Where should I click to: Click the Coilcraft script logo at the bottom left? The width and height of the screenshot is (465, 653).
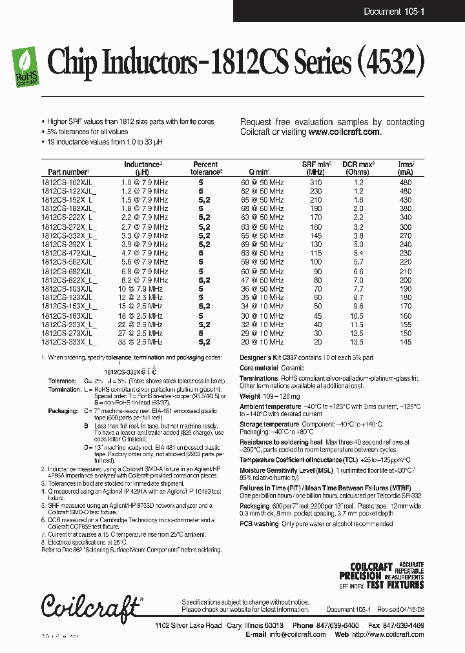point(90,607)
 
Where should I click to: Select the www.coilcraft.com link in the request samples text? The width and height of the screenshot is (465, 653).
point(344,132)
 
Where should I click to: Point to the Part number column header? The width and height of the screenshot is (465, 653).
point(68,172)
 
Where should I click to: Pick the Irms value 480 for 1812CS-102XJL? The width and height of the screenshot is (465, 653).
point(405,183)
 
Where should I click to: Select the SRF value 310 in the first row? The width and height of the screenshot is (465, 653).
point(315,183)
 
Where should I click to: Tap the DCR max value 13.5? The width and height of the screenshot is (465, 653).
point(358,342)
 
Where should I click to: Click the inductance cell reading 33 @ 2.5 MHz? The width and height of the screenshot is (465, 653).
point(142,342)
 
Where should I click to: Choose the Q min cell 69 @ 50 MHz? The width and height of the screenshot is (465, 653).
point(262,245)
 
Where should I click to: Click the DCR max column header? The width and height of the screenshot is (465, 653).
point(358,168)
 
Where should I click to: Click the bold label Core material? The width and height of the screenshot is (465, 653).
point(260,368)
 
